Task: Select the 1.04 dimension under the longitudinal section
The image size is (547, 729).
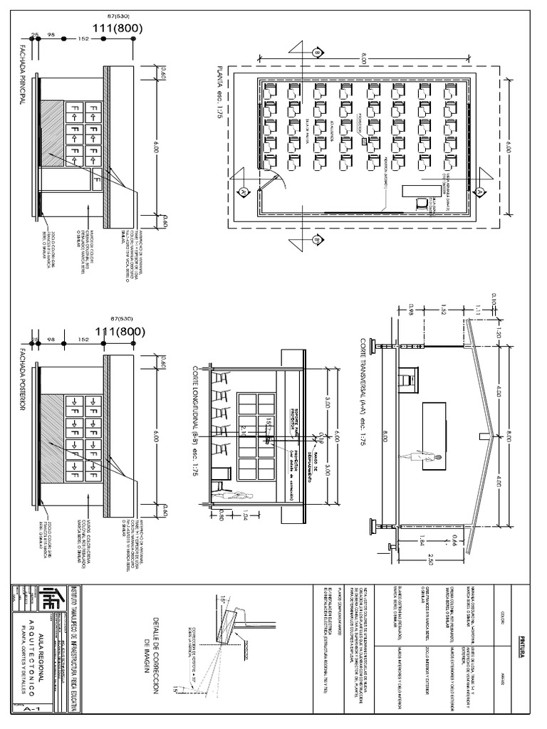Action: (246, 514)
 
